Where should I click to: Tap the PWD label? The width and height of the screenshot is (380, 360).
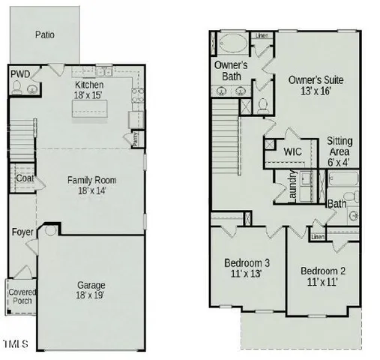tap(19, 73)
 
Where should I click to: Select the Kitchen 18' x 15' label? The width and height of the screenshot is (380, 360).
tap(89, 90)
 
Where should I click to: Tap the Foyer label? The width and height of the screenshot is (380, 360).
tap(22, 232)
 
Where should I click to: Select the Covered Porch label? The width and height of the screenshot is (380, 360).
tap(22, 296)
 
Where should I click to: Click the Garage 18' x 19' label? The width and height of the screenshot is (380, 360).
tap(91, 290)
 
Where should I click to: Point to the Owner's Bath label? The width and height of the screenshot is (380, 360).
tap(231, 70)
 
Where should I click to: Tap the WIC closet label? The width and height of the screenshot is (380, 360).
tap(292, 151)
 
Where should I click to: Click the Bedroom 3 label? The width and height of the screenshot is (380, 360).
tap(247, 268)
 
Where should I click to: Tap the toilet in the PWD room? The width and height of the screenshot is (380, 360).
tap(18, 89)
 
